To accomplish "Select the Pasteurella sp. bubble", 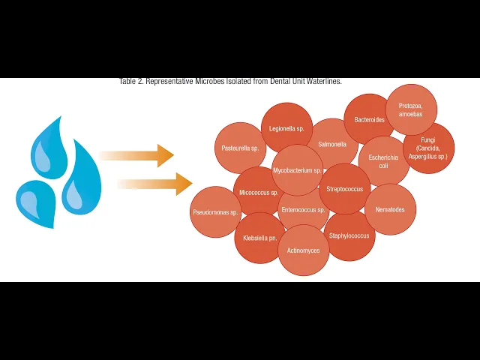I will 239,148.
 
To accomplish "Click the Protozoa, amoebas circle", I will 411,109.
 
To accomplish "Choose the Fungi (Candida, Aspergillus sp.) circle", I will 429,148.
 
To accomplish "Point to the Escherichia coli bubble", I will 383,160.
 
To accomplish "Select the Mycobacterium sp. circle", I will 297,170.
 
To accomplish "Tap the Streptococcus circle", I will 345,189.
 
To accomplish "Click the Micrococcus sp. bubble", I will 255,192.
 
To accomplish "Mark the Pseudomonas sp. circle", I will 215,212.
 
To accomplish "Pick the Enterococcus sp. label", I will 304,210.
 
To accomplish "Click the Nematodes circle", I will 390,209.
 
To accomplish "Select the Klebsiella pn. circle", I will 260,238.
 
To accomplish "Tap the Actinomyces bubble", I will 304,250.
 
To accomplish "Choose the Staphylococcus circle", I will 349,235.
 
